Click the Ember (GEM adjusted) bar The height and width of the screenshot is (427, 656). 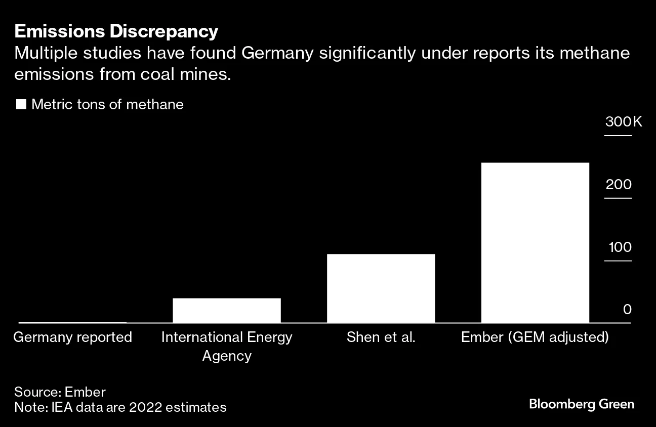pos(535,242)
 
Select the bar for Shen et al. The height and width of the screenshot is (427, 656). pos(381,288)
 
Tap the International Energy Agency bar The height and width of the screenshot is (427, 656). pos(226,310)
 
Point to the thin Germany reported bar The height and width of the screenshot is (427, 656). pos(72,322)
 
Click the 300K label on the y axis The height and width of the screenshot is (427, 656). pos(623,122)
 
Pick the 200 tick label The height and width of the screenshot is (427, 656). pos(619,184)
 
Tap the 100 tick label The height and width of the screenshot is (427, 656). pos(620,247)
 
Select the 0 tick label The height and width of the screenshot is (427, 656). pos(627,309)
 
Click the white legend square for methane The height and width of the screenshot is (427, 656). pos(21,105)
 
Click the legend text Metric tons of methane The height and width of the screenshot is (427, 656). pos(107,105)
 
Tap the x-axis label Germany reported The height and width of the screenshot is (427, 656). pos(72,337)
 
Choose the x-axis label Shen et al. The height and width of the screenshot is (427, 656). pos(381,337)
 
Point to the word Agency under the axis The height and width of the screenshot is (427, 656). pos(226,356)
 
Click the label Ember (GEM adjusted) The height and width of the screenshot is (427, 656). pos(535,337)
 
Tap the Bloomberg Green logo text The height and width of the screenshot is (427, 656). pos(581,404)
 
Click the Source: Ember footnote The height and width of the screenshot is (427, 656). pos(60,392)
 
